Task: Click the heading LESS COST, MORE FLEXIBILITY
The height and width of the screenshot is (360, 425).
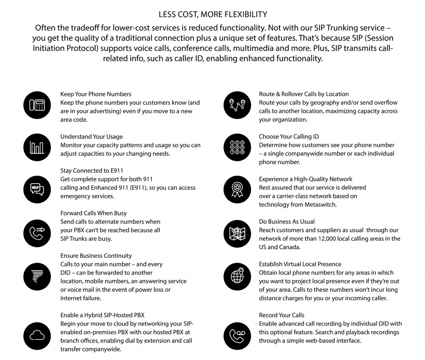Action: (212, 15)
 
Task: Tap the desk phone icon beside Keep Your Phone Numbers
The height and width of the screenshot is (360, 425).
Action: (37, 105)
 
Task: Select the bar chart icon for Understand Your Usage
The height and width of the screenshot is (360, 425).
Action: (37, 147)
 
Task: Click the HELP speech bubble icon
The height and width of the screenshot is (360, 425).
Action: (37, 189)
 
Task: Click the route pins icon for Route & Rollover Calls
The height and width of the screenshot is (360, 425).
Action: (236, 105)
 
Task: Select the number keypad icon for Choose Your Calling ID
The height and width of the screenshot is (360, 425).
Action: (236, 147)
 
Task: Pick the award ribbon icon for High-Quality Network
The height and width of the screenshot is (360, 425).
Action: (236, 189)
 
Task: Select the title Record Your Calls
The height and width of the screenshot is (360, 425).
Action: (281, 315)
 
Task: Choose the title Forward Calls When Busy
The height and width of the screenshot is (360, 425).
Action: (93, 213)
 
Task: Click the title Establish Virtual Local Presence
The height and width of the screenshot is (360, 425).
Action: (300, 264)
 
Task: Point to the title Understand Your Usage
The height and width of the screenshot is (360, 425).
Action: (91, 137)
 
